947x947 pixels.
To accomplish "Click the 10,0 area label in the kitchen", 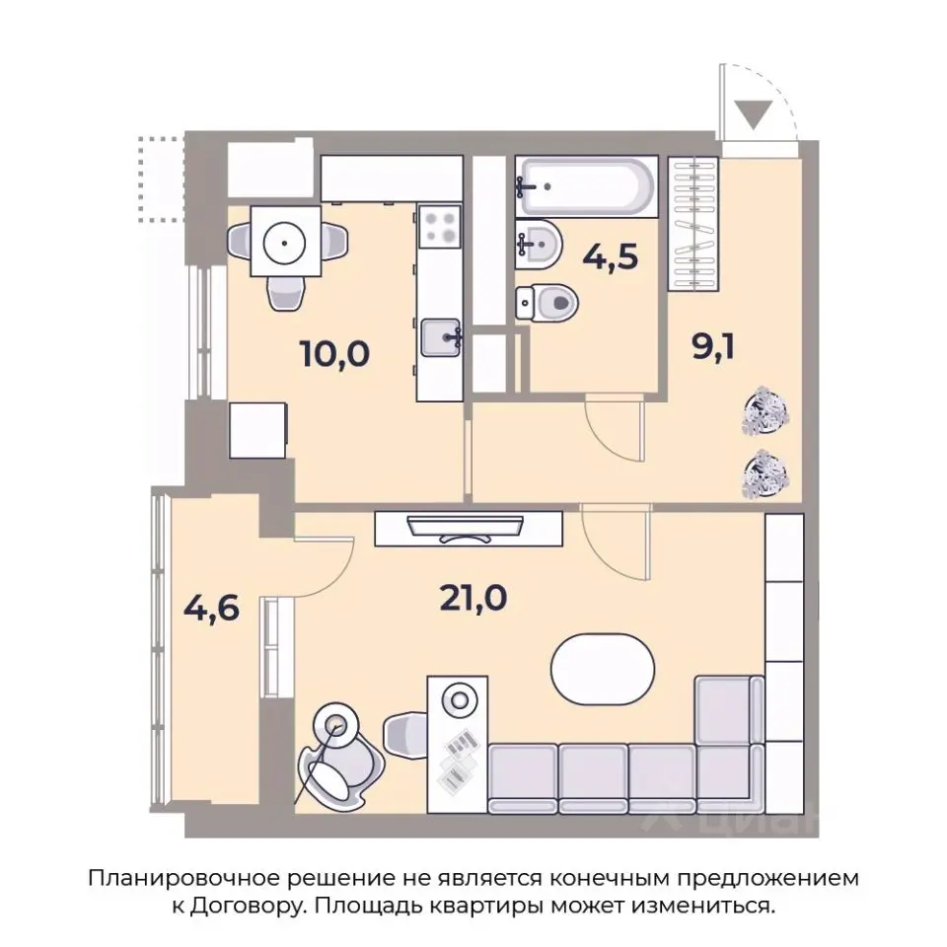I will click(x=337, y=352).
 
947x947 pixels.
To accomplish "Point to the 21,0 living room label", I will click(x=473, y=597).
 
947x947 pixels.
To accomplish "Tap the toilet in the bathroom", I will click(x=546, y=300).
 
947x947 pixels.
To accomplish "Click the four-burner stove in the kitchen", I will click(x=439, y=229).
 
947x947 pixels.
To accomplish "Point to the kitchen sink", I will click(x=440, y=338).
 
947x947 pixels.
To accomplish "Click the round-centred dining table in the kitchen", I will click(x=286, y=241).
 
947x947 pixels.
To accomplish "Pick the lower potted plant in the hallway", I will click(x=765, y=473).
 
